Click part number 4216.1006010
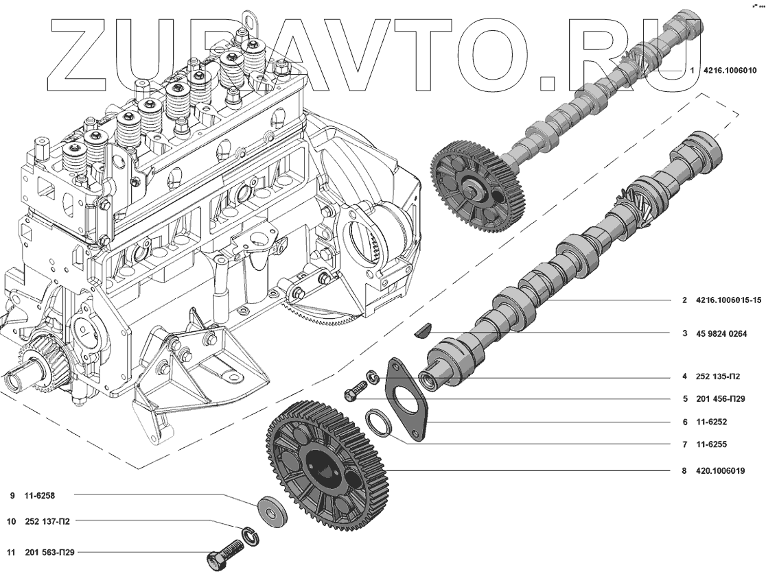click(x=730, y=70)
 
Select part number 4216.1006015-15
click(x=728, y=300)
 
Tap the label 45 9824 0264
click(x=721, y=334)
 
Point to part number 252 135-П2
click(x=718, y=376)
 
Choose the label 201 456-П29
click(x=721, y=398)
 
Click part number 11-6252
click(x=711, y=422)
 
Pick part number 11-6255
click(x=711, y=444)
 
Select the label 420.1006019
click(x=720, y=471)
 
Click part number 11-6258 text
click(x=40, y=496)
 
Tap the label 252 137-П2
click(x=47, y=521)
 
